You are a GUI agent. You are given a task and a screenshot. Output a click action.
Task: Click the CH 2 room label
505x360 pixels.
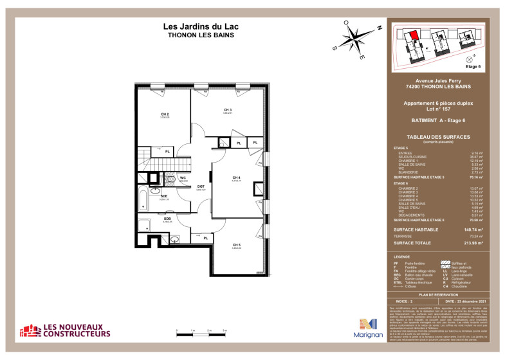164,114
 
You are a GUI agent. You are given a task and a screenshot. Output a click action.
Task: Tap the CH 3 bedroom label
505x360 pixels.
227,110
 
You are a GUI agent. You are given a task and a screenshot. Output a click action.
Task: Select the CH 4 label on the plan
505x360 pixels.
236,177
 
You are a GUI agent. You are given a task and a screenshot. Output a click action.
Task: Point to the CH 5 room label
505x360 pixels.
236,244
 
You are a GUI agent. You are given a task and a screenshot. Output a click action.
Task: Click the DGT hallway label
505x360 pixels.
200,186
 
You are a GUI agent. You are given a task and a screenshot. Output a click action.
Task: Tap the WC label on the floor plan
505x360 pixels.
183,177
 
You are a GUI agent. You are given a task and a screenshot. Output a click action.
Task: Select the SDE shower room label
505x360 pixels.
163,196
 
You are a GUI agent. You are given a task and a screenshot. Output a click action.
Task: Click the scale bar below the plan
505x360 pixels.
201,334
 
